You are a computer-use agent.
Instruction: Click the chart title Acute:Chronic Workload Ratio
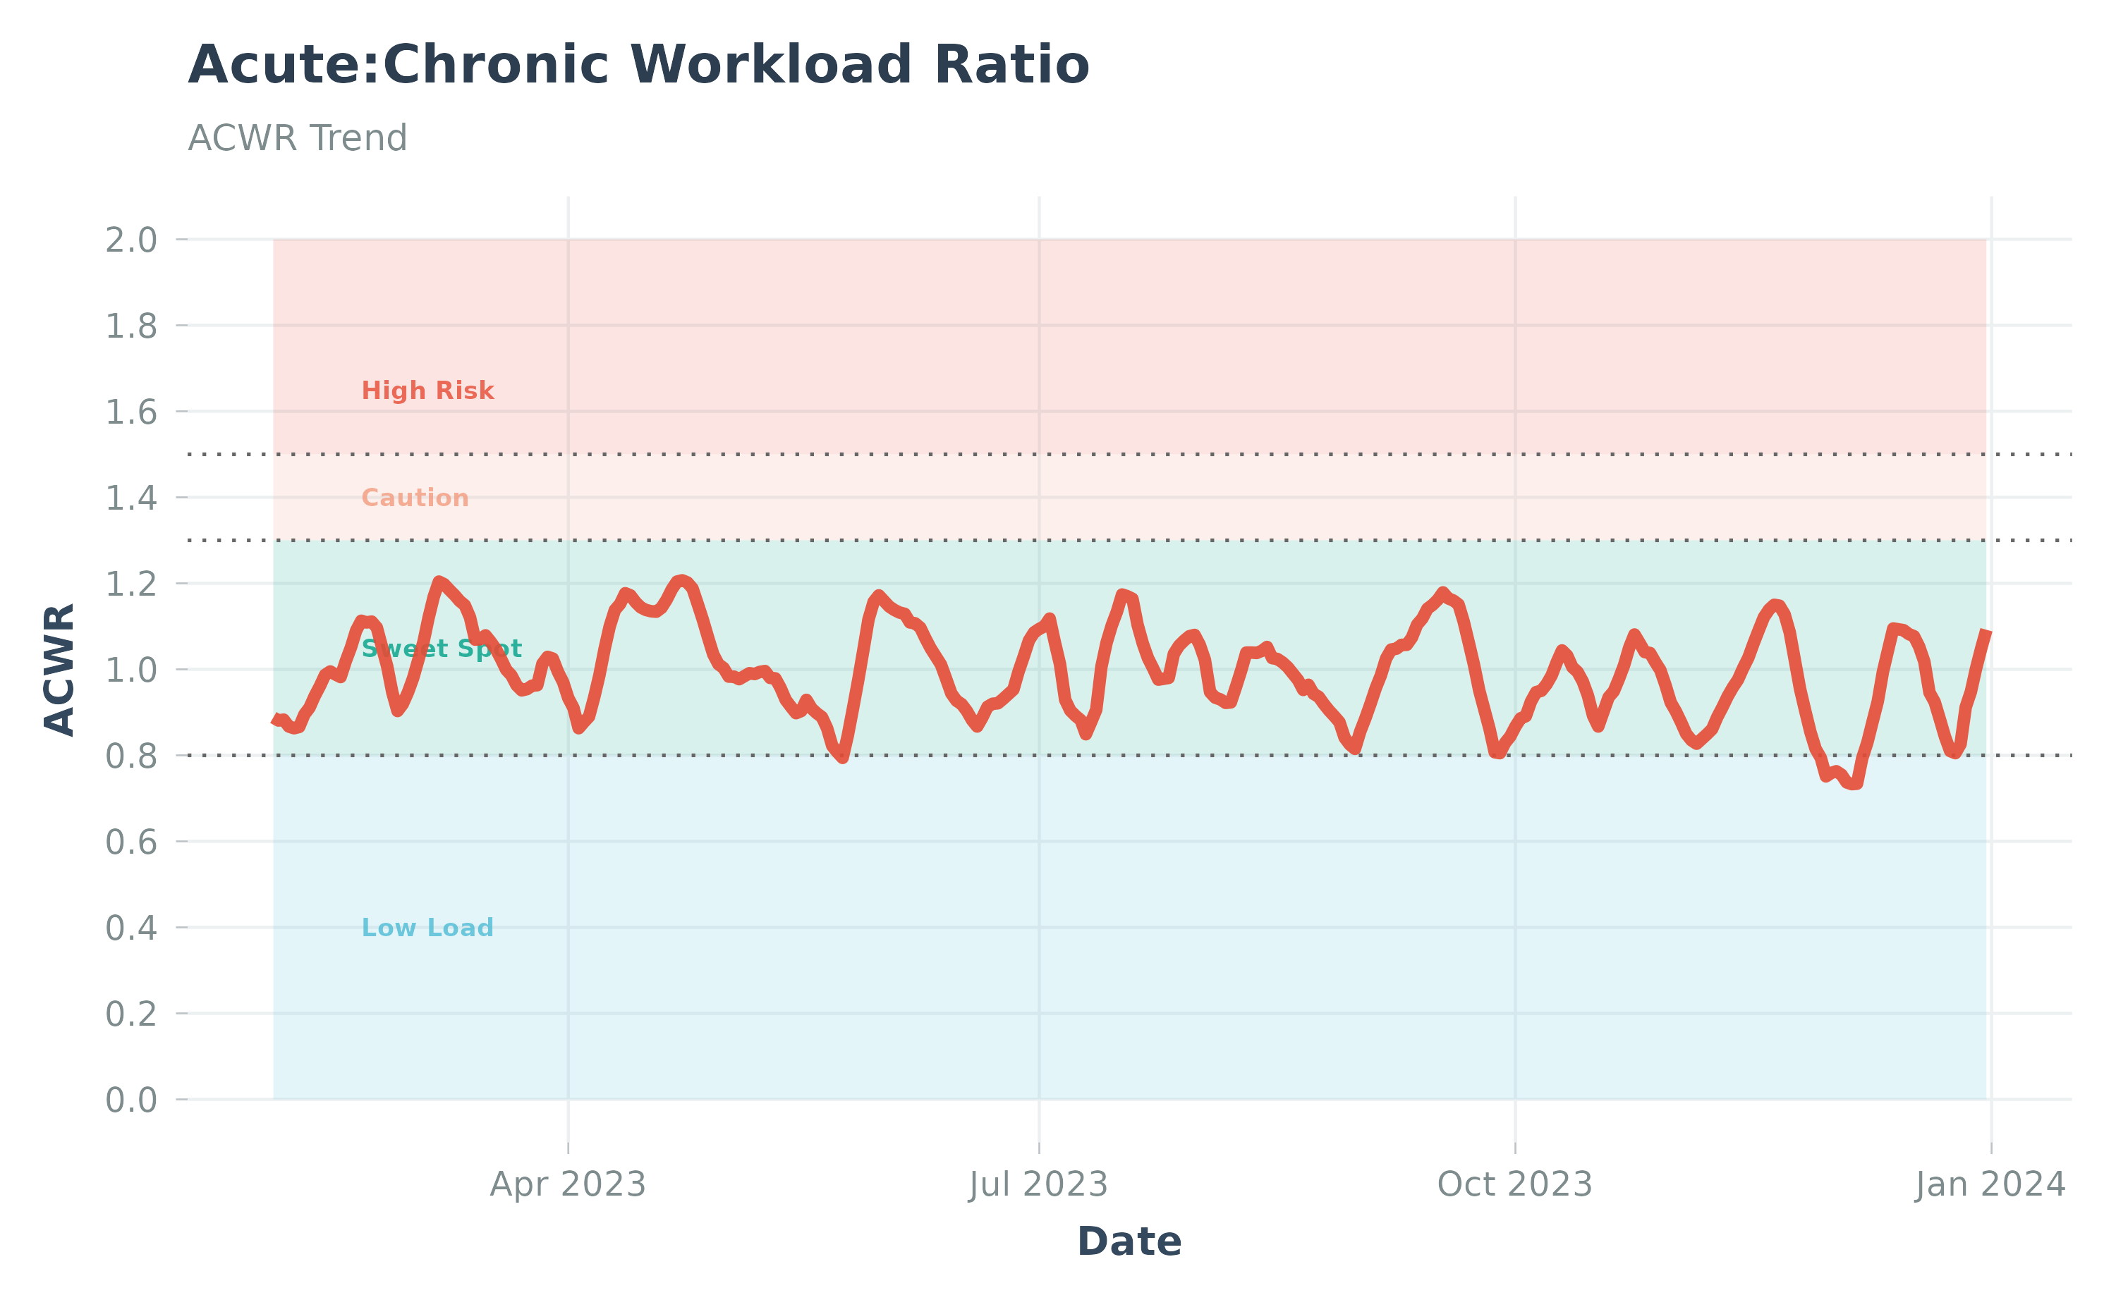point(638,66)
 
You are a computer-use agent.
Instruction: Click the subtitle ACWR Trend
point(298,138)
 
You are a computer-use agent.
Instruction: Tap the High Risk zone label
point(427,391)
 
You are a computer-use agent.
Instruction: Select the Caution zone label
point(414,498)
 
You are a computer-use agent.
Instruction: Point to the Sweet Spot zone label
point(441,649)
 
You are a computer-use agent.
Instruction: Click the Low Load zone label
point(427,928)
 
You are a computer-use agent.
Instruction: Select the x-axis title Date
point(1129,1241)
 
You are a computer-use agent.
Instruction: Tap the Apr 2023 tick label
point(567,1184)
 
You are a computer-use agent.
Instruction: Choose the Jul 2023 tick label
point(1038,1184)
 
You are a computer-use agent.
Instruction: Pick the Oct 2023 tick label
point(1514,1184)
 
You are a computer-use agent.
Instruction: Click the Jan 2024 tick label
point(1990,1184)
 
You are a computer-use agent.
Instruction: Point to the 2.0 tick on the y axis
point(131,240)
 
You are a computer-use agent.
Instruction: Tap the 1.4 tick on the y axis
point(131,498)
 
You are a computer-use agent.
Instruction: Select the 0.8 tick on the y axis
point(131,756)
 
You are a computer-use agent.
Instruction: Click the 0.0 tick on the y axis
point(131,1100)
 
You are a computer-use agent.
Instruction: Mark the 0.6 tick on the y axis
point(131,842)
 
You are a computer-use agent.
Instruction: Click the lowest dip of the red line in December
point(1852,785)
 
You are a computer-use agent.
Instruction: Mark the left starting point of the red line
point(275,718)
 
